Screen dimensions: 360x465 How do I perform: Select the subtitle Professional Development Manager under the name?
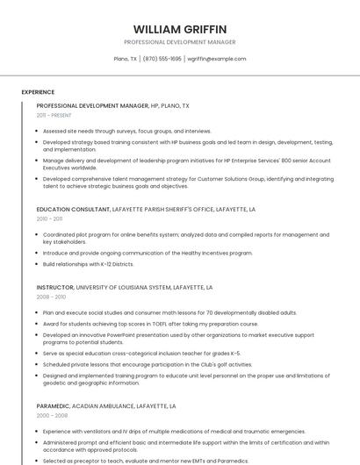180,42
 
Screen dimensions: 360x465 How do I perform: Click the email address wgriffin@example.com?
217,59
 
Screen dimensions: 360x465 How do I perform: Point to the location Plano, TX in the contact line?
126,59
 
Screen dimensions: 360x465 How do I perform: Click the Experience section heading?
38,92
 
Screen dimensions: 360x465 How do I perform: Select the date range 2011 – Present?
54,115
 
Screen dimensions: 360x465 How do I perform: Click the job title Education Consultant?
74,210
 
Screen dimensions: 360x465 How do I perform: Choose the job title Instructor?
55,287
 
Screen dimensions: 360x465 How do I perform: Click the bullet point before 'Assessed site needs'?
38,131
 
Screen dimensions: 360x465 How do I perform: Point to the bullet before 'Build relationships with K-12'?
38,264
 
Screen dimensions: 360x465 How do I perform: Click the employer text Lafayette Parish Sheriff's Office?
162,210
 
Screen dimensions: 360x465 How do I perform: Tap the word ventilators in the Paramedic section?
98,432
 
